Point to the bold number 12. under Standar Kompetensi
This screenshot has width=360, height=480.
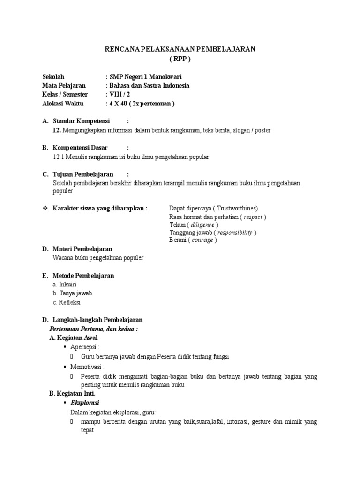[57, 130]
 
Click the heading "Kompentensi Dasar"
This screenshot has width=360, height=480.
[80, 148]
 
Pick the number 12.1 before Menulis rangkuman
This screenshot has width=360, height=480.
[59, 157]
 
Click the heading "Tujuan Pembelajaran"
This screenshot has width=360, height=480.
[83, 174]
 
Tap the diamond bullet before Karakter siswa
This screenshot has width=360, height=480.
[45, 208]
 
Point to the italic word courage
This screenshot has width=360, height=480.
[202, 240]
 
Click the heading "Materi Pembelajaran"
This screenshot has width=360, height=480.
[82, 249]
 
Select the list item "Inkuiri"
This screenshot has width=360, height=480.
[67, 285]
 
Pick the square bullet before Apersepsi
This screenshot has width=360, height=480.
[64, 347]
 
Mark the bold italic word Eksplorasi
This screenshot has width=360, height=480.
[84, 403]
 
